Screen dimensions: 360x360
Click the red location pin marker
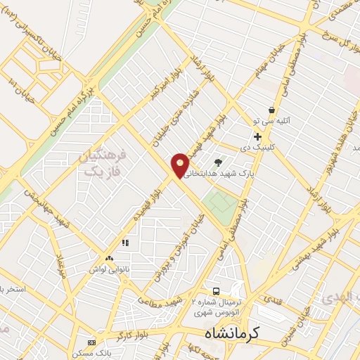[x=181, y=165]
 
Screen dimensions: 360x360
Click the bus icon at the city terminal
[x=217, y=291]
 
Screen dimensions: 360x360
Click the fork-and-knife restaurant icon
[x=126, y=243]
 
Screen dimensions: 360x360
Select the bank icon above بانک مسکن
[x=91, y=342]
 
